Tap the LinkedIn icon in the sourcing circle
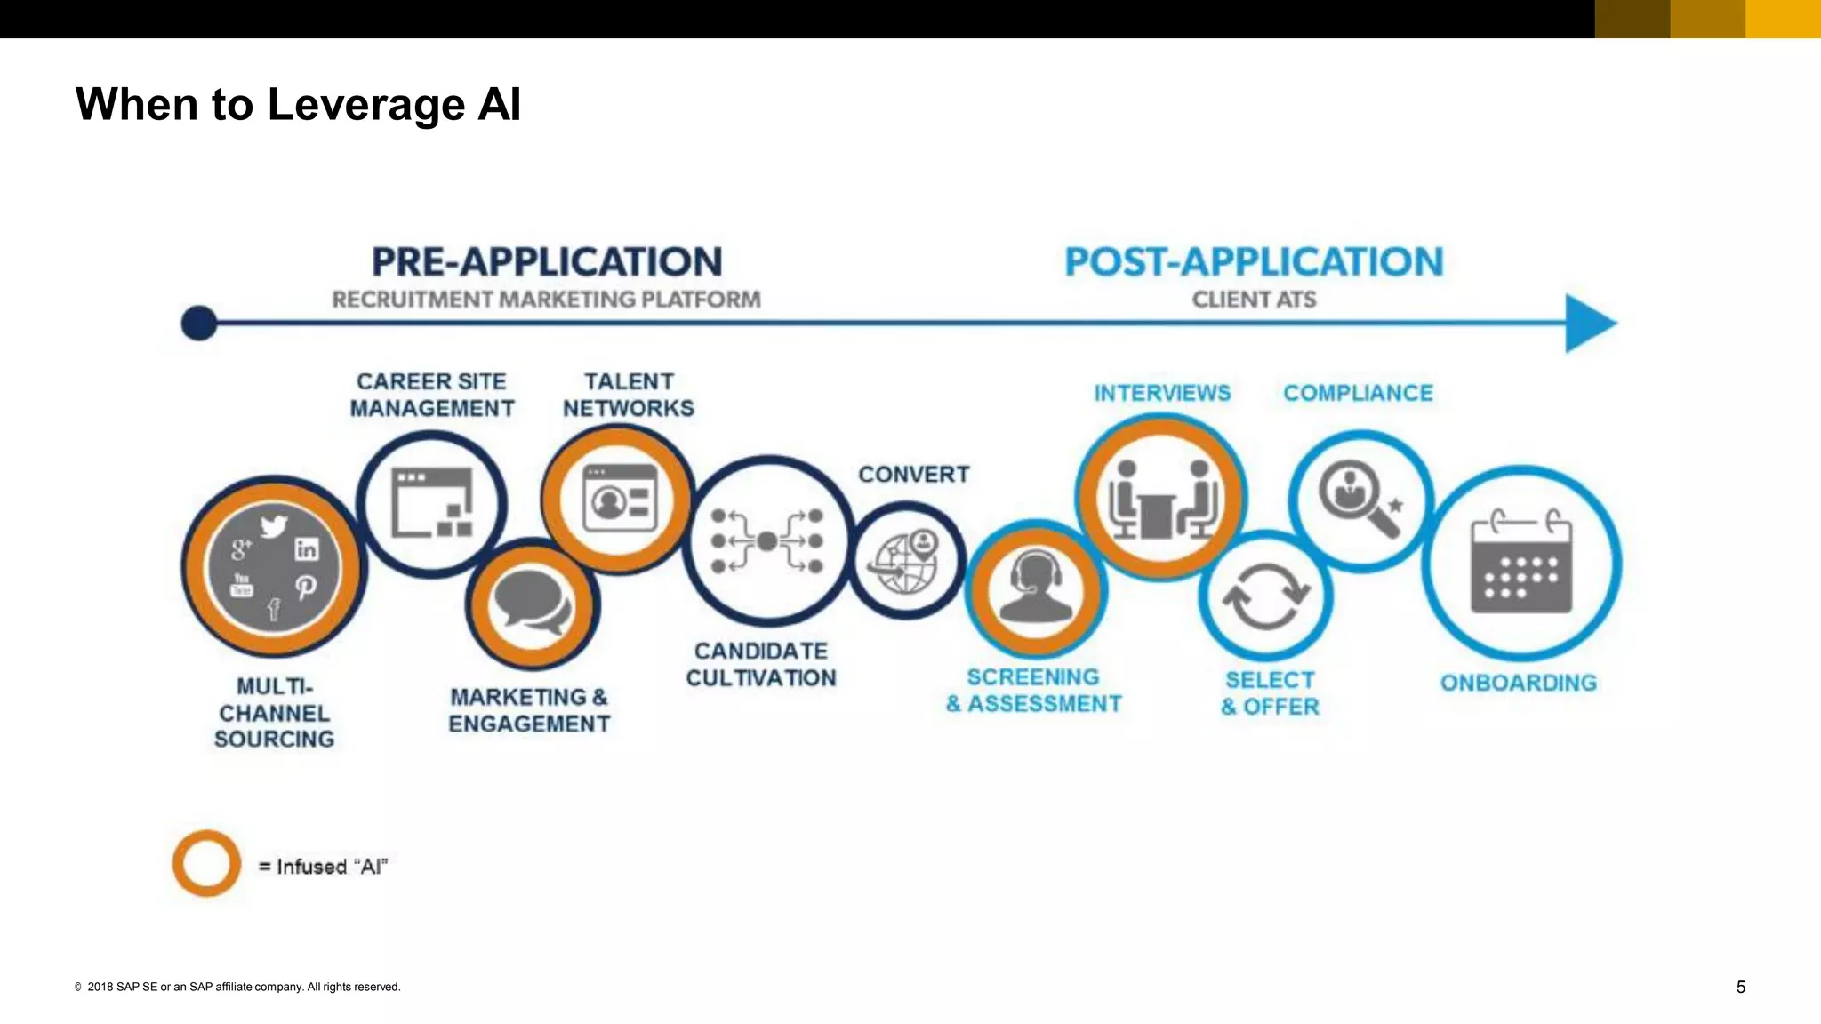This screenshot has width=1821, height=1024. coord(306,549)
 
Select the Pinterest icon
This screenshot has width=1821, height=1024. coord(305,588)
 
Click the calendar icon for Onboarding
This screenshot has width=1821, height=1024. coord(1521,563)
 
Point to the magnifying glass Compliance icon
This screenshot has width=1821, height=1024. coord(1358,499)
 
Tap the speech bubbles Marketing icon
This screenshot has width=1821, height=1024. coord(533,603)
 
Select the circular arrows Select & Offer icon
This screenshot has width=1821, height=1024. coord(1266,596)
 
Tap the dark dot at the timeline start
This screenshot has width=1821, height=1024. coord(199,323)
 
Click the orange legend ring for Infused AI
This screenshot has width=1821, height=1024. coord(206,863)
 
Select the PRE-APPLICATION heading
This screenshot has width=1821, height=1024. coord(547,262)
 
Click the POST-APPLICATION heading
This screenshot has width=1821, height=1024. coord(1254,262)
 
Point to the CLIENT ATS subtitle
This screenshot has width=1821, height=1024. coord(1254,300)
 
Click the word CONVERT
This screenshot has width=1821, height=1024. coord(913,475)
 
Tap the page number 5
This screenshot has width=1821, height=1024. coord(1740,987)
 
